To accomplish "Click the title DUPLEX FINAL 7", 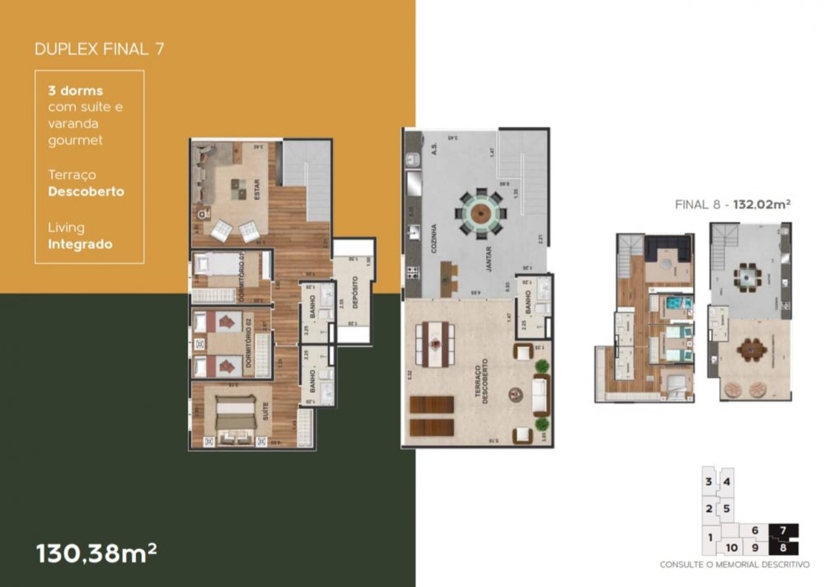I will [x=99, y=49].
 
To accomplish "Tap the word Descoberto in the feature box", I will [x=87, y=191].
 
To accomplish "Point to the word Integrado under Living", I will [x=80, y=244].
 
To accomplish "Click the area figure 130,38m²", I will [x=96, y=553].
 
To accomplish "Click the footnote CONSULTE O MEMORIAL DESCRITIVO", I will [x=734, y=565].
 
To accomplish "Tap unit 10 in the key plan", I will [x=731, y=547].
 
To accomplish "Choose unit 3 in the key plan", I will [x=708, y=481].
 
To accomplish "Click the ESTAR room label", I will [x=257, y=192].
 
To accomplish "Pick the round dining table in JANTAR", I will [x=481, y=214].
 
